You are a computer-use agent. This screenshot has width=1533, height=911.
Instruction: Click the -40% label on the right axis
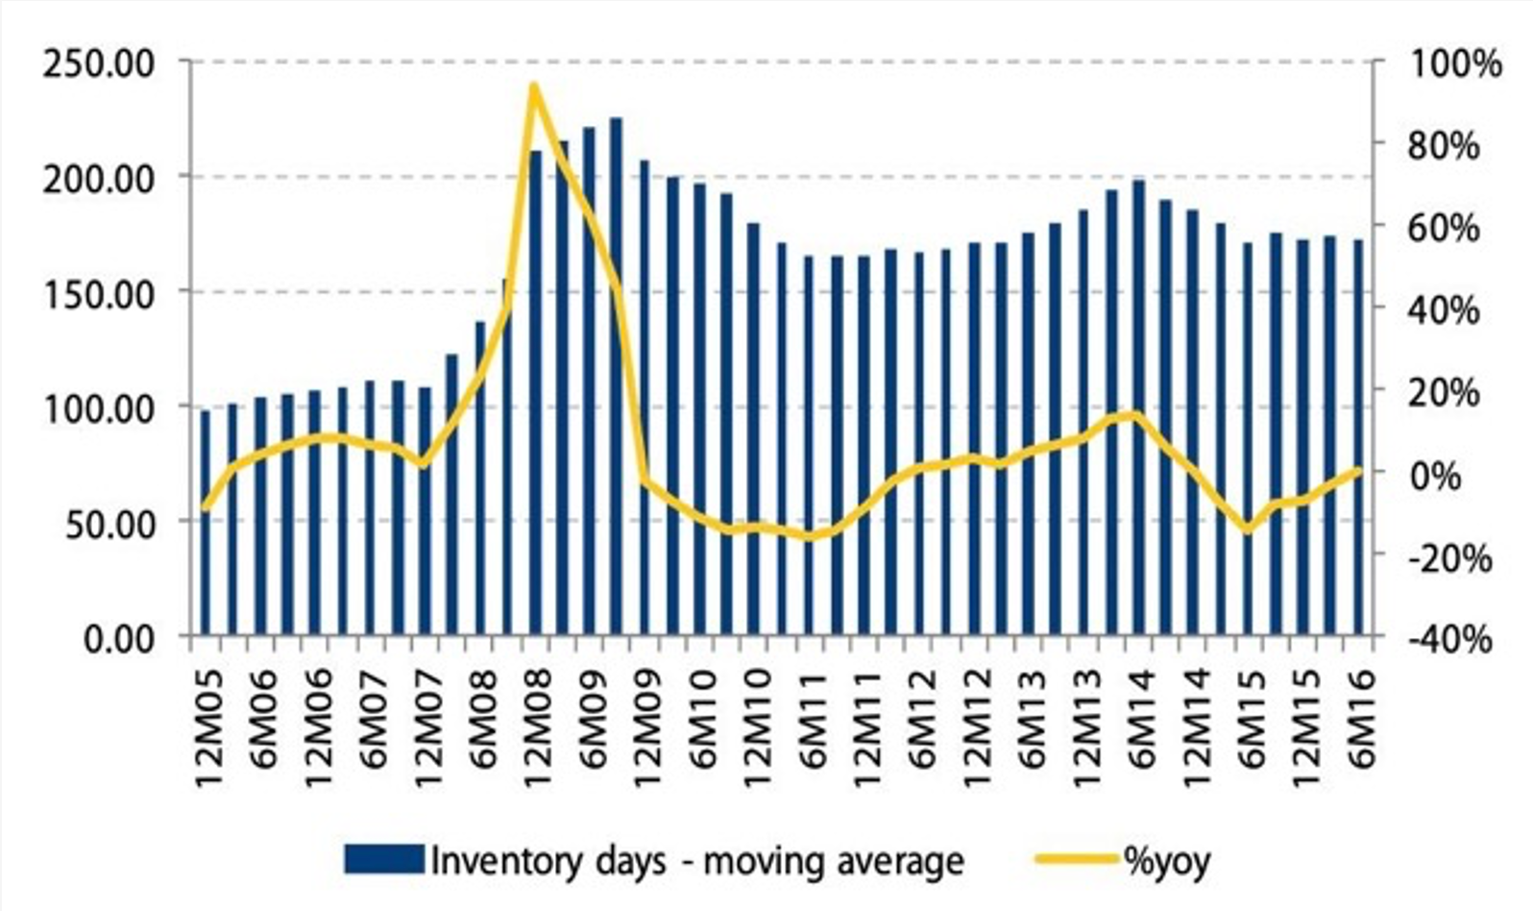[1449, 639]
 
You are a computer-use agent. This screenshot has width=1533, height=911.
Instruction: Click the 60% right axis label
[1445, 229]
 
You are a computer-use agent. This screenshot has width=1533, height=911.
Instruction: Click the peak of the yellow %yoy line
[533, 86]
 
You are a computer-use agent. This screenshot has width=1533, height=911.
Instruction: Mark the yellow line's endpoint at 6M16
[1358, 470]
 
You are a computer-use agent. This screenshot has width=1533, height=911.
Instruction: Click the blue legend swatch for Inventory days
[383, 859]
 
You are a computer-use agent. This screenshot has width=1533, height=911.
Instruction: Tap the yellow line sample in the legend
[1077, 859]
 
